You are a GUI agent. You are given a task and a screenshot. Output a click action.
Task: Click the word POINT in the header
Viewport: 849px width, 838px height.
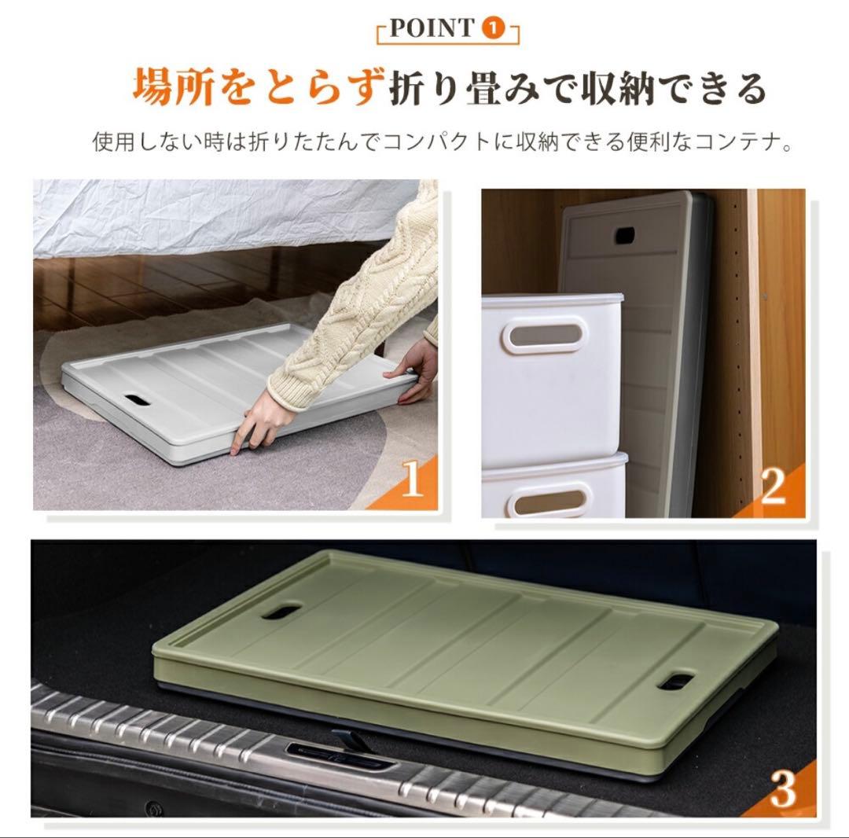click(x=430, y=30)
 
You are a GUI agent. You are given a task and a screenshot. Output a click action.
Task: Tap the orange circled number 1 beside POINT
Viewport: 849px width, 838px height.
click(x=492, y=30)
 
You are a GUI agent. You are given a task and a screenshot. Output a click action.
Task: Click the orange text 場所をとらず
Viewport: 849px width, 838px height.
click(x=259, y=87)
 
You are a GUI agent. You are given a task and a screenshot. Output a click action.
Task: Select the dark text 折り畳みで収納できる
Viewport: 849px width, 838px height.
click(x=578, y=87)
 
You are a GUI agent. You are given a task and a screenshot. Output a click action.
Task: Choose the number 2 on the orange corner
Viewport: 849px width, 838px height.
click(x=774, y=487)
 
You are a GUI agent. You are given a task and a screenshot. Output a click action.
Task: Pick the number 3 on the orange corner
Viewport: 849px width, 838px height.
click(x=783, y=789)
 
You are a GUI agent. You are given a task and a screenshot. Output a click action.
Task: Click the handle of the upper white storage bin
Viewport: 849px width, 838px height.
click(x=549, y=333)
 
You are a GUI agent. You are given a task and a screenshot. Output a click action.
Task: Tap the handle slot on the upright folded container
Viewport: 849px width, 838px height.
click(x=627, y=235)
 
